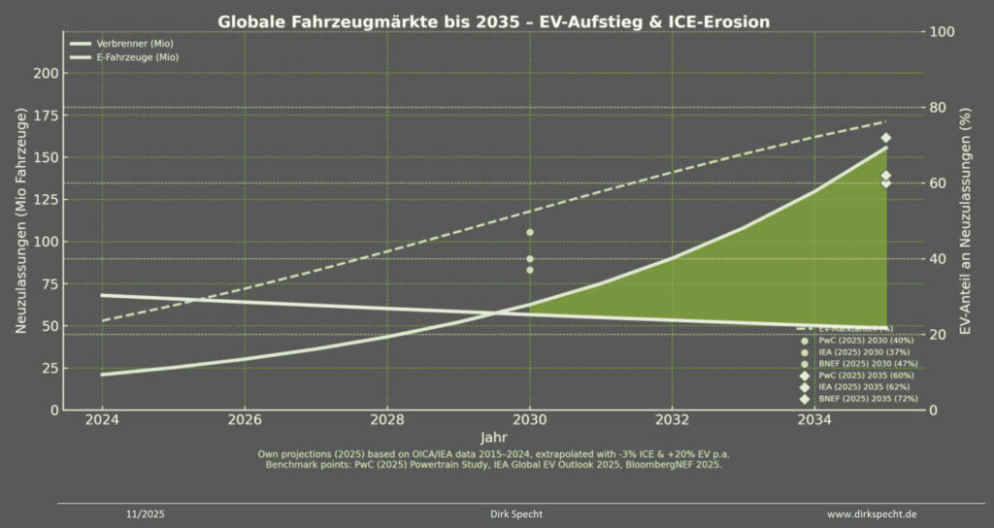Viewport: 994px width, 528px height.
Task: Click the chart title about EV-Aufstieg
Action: click(496, 20)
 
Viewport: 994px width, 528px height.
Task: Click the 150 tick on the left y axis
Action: click(44, 157)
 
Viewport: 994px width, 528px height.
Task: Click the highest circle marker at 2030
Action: click(530, 232)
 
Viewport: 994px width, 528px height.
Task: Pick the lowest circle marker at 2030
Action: click(530, 270)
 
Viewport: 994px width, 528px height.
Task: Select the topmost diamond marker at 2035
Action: click(885, 138)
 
